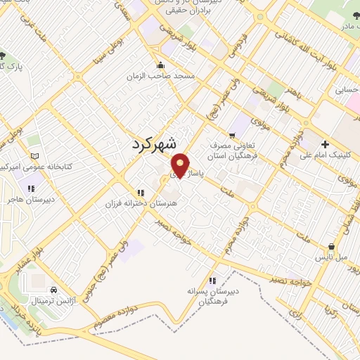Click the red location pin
tap(181, 165)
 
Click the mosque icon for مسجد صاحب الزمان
tap(165, 65)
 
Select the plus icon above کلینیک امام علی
tap(324, 144)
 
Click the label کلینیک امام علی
tap(326, 156)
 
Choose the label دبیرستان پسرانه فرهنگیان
tap(213, 294)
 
